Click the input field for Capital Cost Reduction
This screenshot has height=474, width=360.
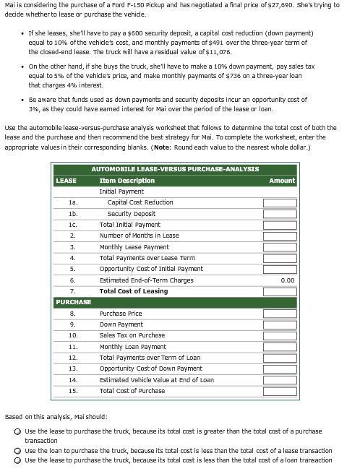[x=279, y=203]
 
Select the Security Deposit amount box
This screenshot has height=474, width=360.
[x=279, y=214]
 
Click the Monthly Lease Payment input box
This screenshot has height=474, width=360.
[x=279, y=247]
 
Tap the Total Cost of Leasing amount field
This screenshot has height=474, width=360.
[x=279, y=291]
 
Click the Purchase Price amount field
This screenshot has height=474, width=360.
[x=279, y=314]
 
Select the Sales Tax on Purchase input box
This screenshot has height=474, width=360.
[x=279, y=336]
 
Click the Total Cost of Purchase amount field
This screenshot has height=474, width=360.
[x=279, y=391]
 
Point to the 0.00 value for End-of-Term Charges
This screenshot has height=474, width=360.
[x=287, y=280]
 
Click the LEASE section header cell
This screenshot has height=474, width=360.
[x=67, y=181]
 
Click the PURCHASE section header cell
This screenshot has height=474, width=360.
[x=73, y=302]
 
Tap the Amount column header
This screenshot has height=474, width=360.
[x=282, y=181]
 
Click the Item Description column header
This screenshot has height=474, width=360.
[x=127, y=181]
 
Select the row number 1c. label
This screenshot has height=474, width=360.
[x=72, y=225]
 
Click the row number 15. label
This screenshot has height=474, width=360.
[x=72, y=391]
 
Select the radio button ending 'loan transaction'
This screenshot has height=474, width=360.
[x=17, y=460]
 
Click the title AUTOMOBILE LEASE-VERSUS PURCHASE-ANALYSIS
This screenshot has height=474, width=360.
[x=175, y=169]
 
